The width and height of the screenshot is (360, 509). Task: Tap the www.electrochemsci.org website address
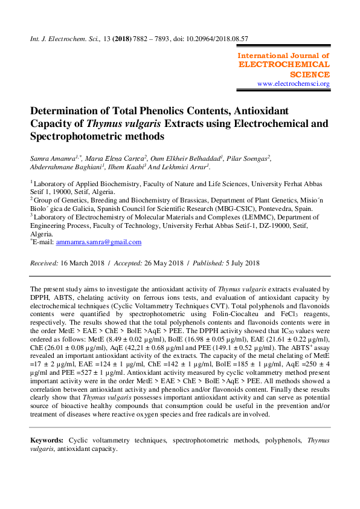(x=294, y=84)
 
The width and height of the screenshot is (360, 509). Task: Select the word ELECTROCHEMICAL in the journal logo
(x=284, y=64)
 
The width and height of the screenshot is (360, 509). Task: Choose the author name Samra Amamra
(x=51, y=158)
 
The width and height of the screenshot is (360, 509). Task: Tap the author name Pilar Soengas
(x=246, y=158)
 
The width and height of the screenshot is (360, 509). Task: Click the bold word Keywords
(x=47, y=441)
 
